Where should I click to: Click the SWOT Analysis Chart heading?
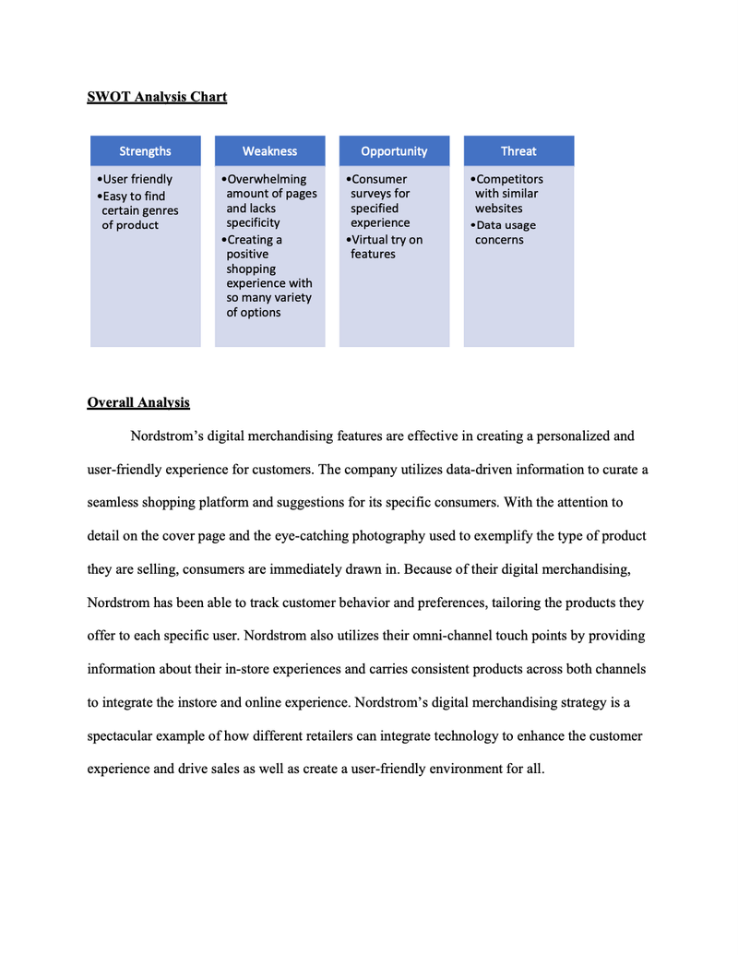click(x=157, y=97)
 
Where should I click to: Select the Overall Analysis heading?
click(x=138, y=402)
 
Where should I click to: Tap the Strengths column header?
click(x=145, y=151)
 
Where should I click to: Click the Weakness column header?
click(x=269, y=151)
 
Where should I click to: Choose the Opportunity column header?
click(x=394, y=151)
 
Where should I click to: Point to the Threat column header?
click(x=518, y=151)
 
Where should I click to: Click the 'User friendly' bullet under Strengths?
click(x=137, y=179)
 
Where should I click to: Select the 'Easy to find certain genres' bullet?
click(x=138, y=210)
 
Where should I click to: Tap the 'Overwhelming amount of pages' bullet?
click(x=269, y=200)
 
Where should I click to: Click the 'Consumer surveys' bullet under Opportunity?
click(x=379, y=200)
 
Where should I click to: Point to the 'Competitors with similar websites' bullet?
click(x=508, y=194)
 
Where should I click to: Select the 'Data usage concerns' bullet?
click(x=504, y=233)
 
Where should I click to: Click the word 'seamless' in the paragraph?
click(x=113, y=503)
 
